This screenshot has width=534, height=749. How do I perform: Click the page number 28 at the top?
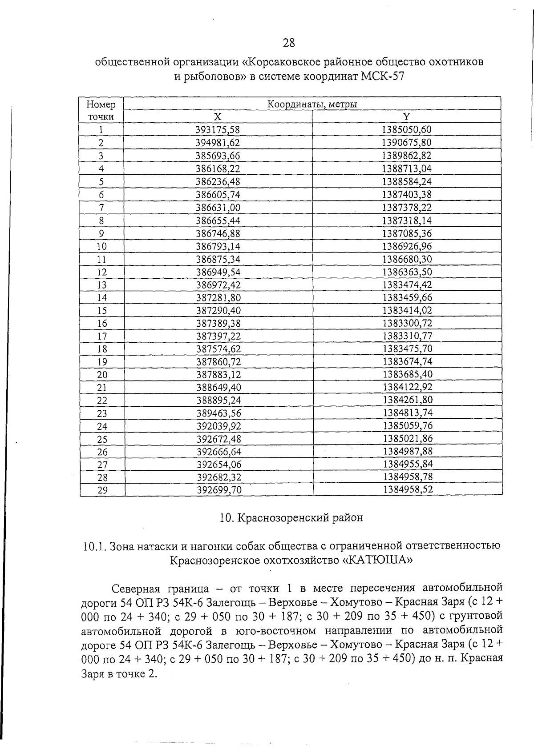(x=288, y=43)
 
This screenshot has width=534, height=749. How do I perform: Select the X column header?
(x=217, y=116)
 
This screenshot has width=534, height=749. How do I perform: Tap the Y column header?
(x=406, y=116)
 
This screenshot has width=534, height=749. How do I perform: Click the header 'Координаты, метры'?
(x=312, y=104)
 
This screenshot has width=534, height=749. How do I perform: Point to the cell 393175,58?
(x=218, y=130)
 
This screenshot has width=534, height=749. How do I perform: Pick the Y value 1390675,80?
(x=407, y=143)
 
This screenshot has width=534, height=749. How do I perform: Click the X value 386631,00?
(x=218, y=208)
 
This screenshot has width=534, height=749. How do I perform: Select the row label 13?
(x=102, y=285)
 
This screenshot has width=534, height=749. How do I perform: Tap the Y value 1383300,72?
(x=407, y=323)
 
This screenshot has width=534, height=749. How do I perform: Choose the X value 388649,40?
(x=218, y=388)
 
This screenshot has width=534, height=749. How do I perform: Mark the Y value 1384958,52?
(x=408, y=490)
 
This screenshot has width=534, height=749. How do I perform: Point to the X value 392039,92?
(x=218, y=426)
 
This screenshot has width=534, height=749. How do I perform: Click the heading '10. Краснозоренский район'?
(x=291, y=518)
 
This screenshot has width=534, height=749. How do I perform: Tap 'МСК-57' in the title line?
(x=383, y=76)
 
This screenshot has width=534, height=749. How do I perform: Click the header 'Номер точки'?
(x=101, y=111)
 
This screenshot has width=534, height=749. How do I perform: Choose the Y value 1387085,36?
(x=407, y=233)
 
